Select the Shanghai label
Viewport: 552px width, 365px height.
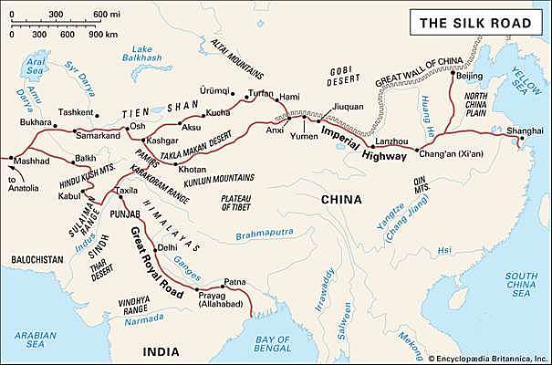point(524,130)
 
